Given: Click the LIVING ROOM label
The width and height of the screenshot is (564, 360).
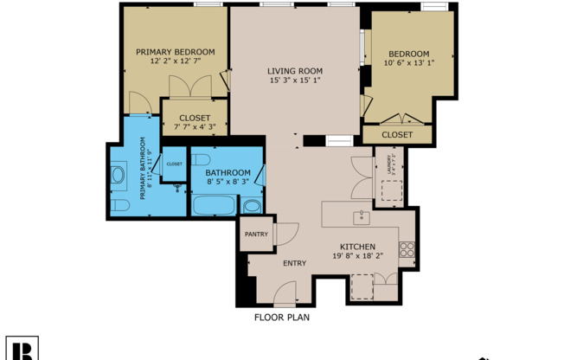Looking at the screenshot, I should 294,70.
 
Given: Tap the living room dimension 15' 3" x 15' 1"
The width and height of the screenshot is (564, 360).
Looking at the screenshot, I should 294,81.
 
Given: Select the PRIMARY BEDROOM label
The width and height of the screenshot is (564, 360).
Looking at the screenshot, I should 176,51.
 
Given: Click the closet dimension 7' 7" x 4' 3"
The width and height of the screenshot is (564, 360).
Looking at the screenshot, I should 195,127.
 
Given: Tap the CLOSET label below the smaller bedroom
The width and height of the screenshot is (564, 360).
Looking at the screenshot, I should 397,135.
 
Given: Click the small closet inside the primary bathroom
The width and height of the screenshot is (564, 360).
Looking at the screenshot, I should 175,164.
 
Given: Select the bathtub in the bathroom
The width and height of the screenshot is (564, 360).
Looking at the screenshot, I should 213,206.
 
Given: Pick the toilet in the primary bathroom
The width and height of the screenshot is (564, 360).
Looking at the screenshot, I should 120,205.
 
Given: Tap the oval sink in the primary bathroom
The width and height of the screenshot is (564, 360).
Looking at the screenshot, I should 118,176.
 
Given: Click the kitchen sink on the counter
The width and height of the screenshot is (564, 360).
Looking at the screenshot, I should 362,216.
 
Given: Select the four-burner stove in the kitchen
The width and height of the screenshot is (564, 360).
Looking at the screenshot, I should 407,250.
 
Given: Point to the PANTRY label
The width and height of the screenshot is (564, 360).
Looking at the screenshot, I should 256,235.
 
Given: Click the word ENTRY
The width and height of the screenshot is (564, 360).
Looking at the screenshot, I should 294,263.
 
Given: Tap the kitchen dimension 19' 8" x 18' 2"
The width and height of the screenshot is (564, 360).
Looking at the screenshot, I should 357,256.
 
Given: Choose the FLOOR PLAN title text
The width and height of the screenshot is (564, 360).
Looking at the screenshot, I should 281,318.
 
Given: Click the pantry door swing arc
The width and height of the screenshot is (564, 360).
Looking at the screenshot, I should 288,232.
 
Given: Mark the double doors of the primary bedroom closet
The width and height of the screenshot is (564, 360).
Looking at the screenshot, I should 189,87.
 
